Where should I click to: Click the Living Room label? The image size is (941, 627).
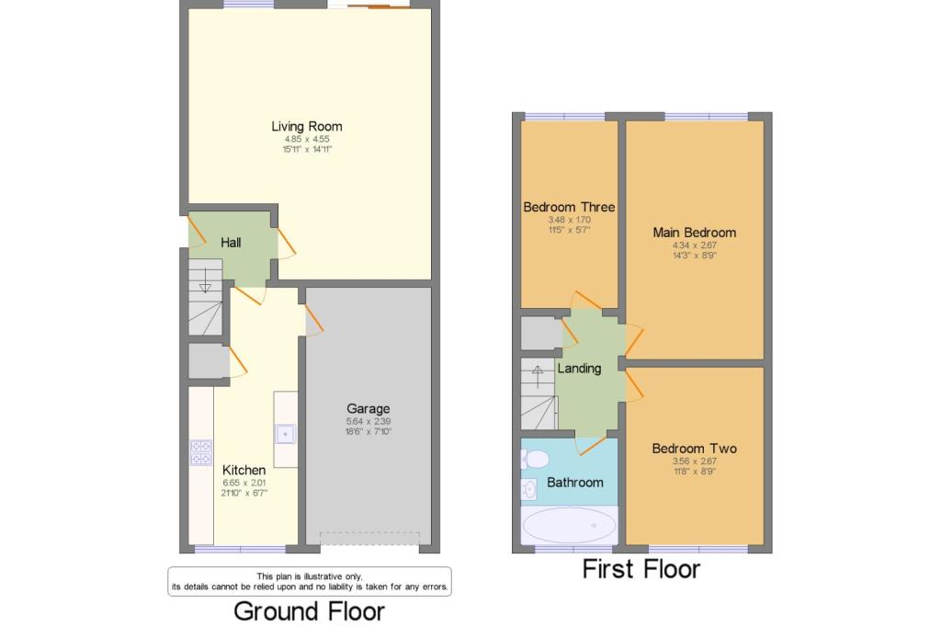coord(307,126)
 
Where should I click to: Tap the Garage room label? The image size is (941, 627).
coord(368,409)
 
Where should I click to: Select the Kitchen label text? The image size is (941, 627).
coord(244,471)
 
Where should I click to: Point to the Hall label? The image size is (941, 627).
coord(231,243)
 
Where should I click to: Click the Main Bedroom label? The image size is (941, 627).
coord(695,233)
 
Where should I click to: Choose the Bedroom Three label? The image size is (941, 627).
coord(569,207)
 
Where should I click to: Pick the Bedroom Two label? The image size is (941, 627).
coord(695,449)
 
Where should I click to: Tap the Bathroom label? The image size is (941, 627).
coord(575,483)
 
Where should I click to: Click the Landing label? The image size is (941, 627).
coord(579,368)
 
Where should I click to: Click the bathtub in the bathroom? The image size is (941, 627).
coord(569,526)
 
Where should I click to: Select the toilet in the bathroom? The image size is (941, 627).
coord(535,460)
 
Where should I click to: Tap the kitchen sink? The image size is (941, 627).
coord(285,434)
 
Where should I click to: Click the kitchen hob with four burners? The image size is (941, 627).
coord(201,453)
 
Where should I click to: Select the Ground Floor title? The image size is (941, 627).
coord(309,611)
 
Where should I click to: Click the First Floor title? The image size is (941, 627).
coord(641,569)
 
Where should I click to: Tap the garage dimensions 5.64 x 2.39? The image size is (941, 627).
coord(368,422)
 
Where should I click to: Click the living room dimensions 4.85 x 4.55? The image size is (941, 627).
coord(307,139)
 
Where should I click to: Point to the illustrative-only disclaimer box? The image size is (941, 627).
coord(310,581)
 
